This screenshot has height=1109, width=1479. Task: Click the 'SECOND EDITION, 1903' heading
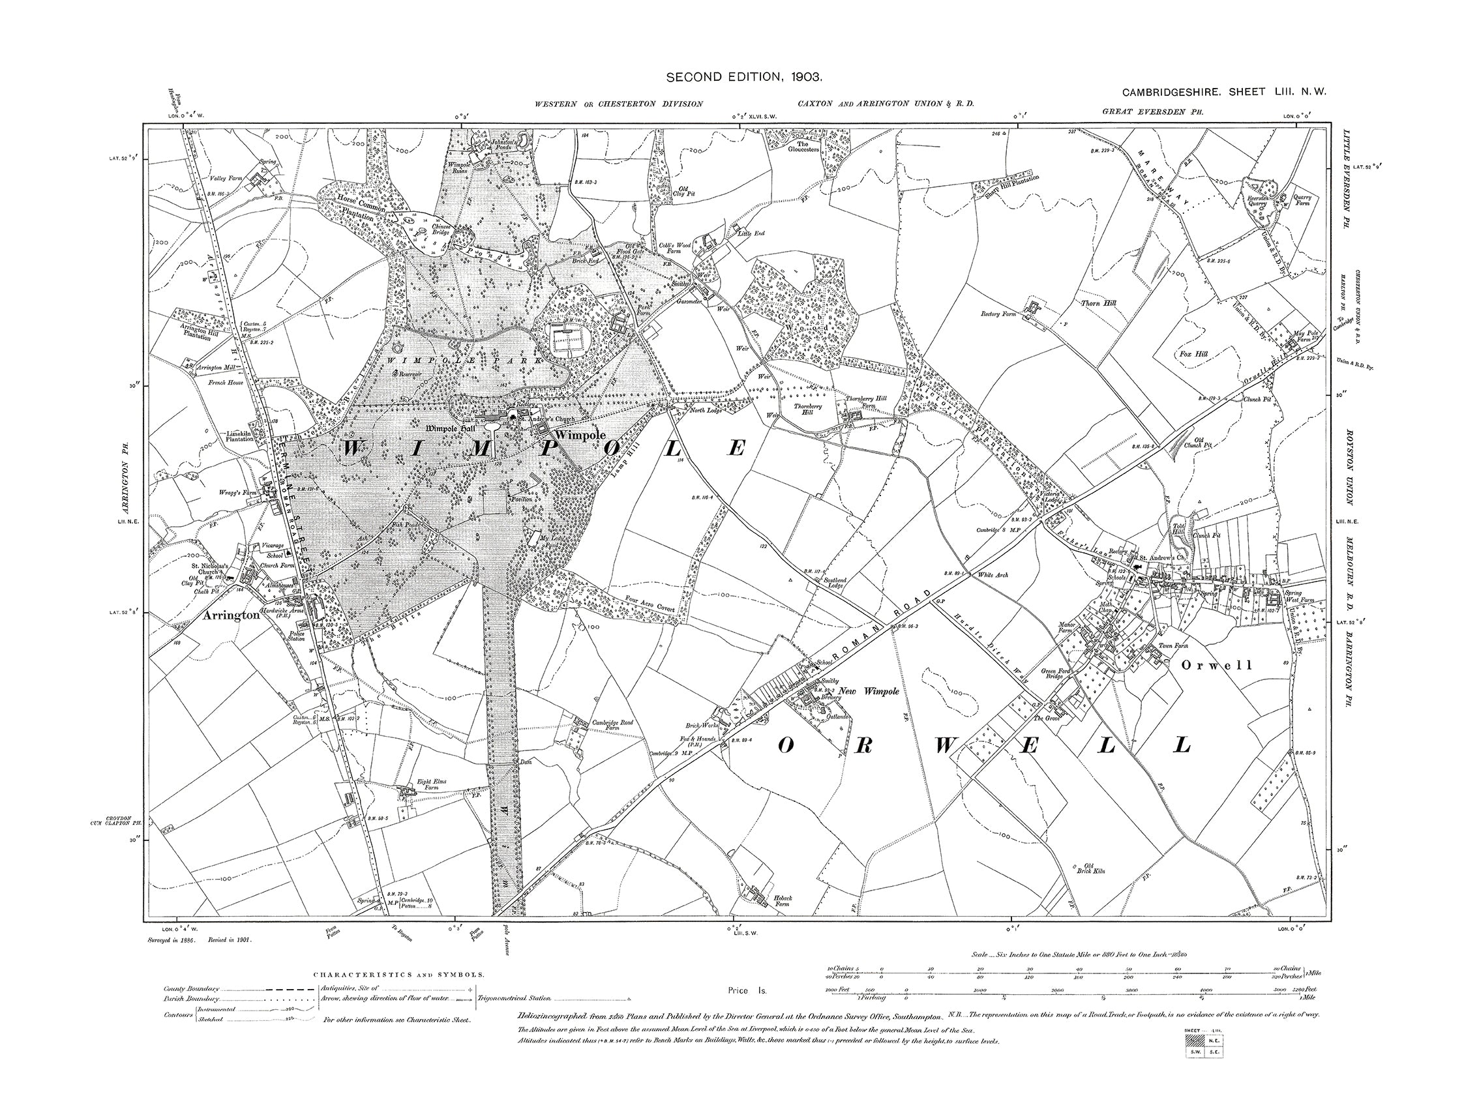point(743,78)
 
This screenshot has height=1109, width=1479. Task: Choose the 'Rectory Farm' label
point(999,314)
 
